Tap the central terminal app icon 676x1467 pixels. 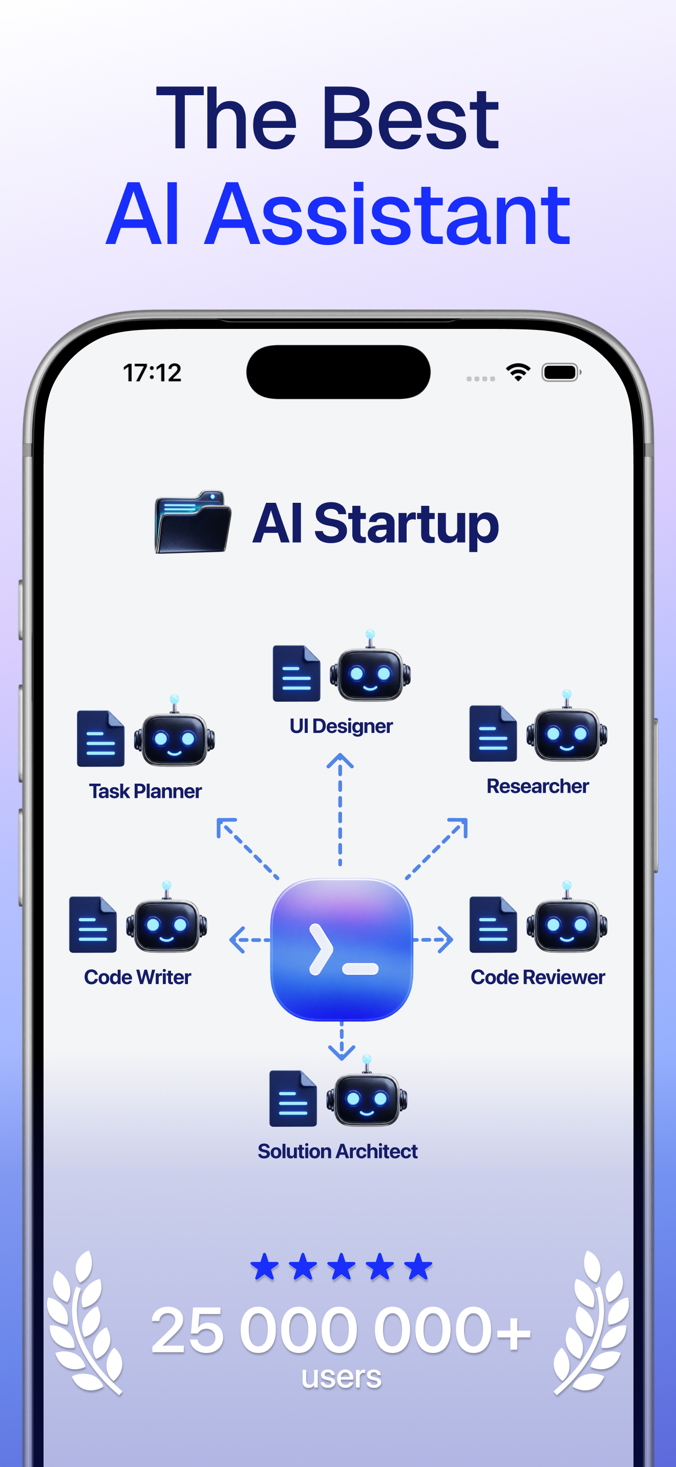pyautogui.click(x=342, y=949)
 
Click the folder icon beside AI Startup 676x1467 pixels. pyautogui.click(x=193, y=522)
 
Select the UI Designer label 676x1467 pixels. pyautogui.click(x=341, y=726)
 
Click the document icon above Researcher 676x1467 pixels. pyautogui.click(x=493, y=733)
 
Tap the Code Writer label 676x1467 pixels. pyautogui.click(x=137, y=977)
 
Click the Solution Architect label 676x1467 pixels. pyautogui.click(x=337, y=1151)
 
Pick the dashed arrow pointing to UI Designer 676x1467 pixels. pyautogui.click(x=340, y=809)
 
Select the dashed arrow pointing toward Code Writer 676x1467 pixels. pyautogui.click(x=249, y=940)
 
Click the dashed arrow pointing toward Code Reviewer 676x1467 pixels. pyautogui.click(x=433, y=940)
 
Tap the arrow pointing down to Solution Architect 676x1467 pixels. pyautogui.click(x=342, y=1040)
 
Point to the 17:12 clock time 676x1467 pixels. pyautogui.click(x=152, y=373)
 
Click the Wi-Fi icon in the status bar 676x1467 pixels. pyautogui.click(x=518, y=372)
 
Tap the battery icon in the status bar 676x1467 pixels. pyautogui.click(x=561, y=372)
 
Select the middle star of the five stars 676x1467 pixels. pyautogui.click(x=342, y=1266)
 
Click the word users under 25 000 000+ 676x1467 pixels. pyautogui.click(x=342, y=1377)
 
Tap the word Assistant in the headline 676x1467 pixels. pyautogui.click(x=388, y=214)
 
